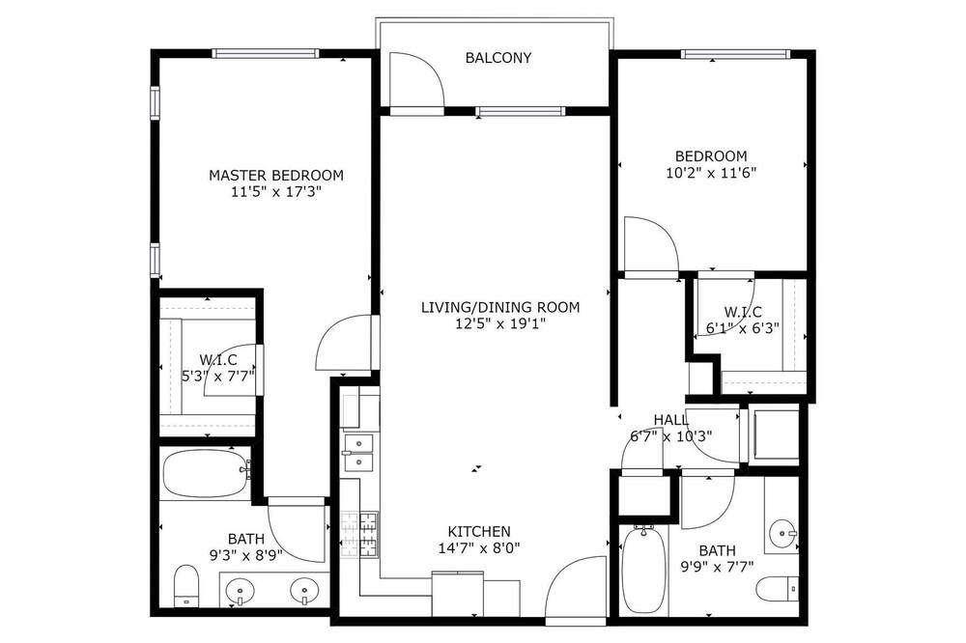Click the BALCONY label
497,58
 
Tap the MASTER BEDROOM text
276,176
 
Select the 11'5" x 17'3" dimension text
276,192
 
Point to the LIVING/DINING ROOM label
500,307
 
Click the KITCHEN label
479,532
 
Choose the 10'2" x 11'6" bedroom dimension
711,173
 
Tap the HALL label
671,420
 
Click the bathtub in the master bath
206,473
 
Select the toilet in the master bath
186,585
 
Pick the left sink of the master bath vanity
240,592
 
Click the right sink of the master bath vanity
303,592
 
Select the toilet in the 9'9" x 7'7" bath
777,589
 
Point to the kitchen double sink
358,454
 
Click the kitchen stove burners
359,535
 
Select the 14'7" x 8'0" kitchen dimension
479,548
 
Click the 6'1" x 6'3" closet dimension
742,328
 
